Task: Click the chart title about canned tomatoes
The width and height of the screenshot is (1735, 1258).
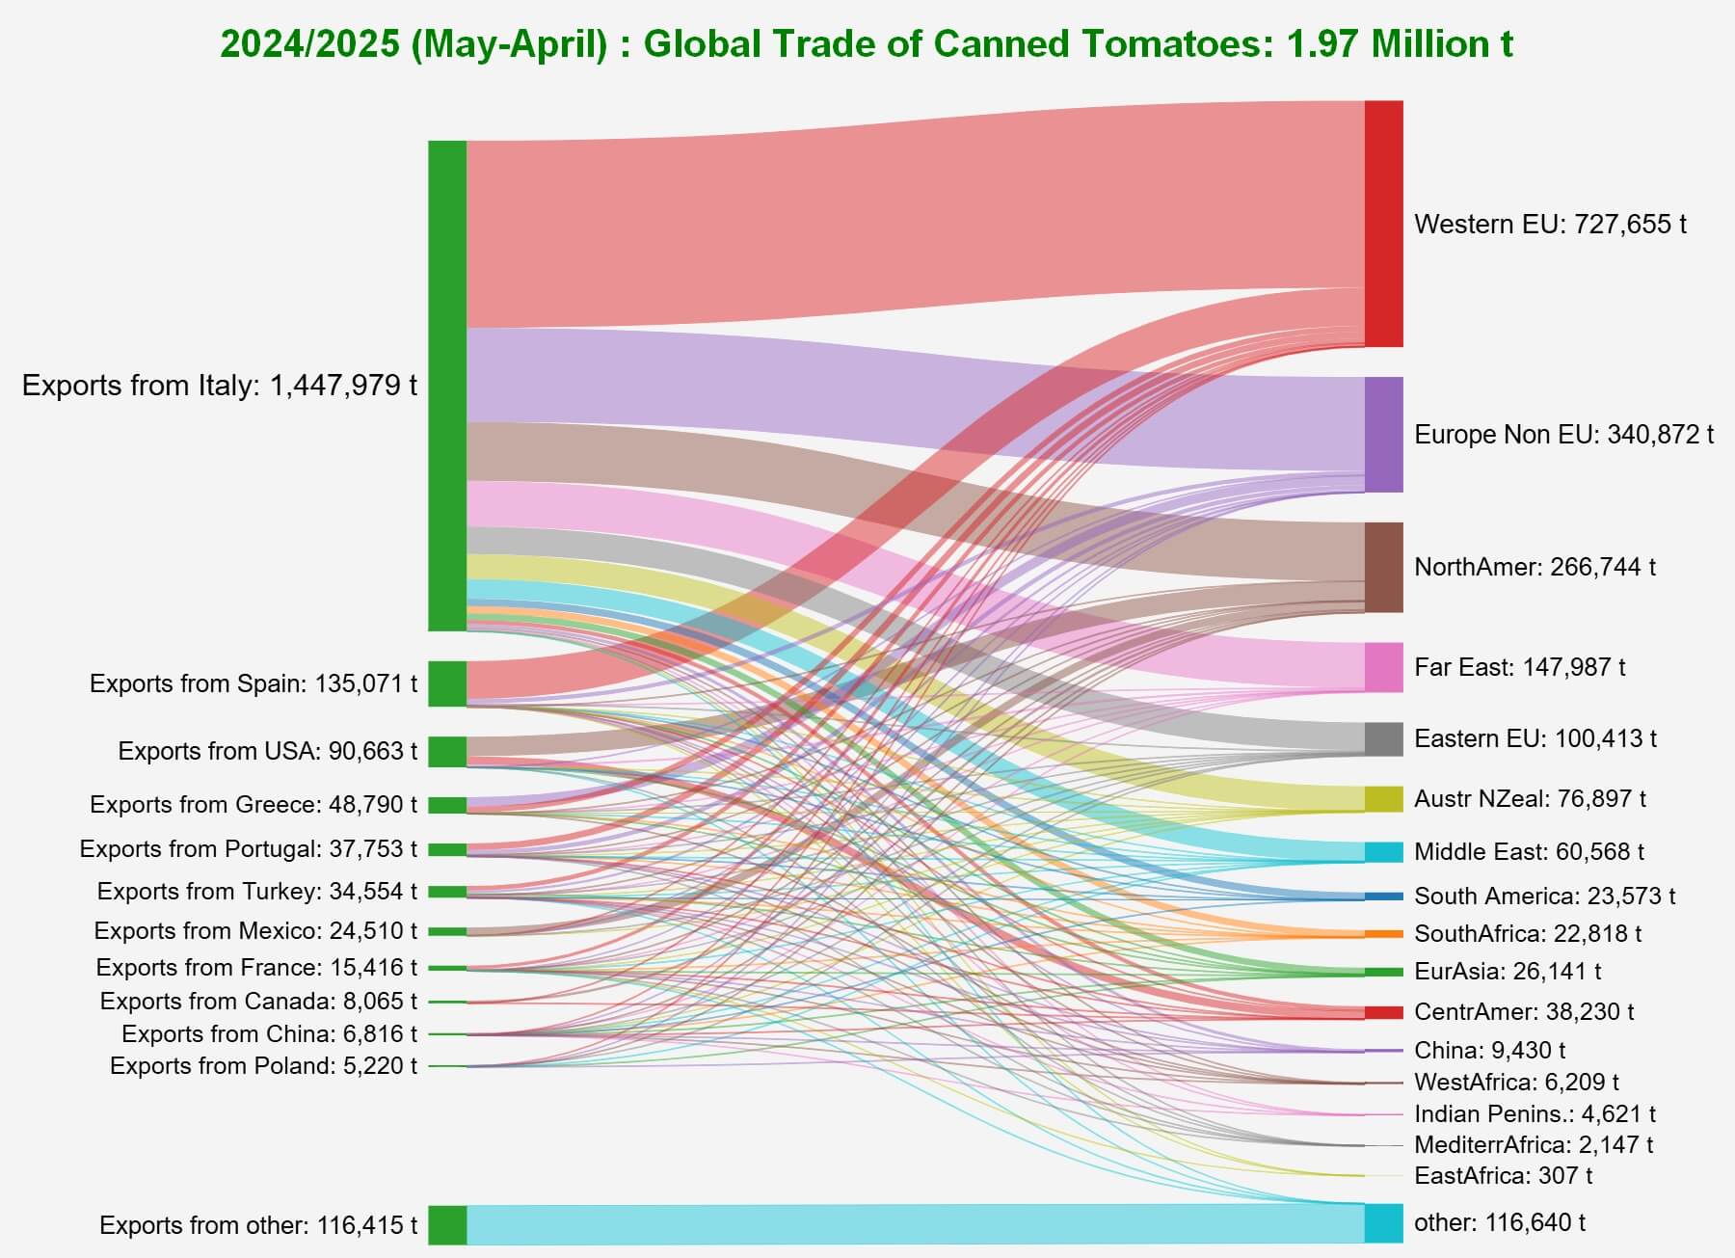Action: click(x=867, y=44)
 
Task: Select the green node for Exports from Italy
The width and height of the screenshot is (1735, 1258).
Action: click(x=447, y=386)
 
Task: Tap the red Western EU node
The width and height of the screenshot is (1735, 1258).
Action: click(x=1383, y=224)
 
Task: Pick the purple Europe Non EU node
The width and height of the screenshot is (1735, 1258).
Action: click(x=1383, y=435)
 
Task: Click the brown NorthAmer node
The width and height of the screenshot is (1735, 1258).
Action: click(x=1383, y=567)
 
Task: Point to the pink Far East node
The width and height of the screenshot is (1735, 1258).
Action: click(x=1383, y=667)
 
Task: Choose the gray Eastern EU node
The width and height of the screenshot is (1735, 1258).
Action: click(x=1383, y=738)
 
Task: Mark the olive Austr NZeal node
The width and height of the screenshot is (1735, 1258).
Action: click(x=1383, y=798)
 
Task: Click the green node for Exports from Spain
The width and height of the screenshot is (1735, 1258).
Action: click(x=447, y=683)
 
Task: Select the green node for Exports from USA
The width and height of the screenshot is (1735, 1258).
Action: click(x=447, y=751)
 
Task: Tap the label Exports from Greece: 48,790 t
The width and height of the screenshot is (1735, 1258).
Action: click(x=254, y=804)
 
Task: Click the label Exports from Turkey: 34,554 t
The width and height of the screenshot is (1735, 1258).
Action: click(x=257, y=891)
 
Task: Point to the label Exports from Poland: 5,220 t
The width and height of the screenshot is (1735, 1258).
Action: click(x=263, y=1065)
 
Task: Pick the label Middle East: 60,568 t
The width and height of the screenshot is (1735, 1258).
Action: click(x=1529, y=851)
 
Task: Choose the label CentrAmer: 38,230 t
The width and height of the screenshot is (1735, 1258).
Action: click(x=1524, y=1011)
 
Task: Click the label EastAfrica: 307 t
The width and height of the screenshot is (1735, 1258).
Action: click(x=1503, y=1175)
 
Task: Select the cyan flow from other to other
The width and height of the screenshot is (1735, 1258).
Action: click(x=916, y=1223)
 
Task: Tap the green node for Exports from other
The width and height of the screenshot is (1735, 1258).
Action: click(x=447, y=1224)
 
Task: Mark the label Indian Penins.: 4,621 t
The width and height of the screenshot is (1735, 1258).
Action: click(x=1535, y=1113)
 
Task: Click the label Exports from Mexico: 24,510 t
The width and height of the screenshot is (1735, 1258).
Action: click(x=255, y=930)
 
